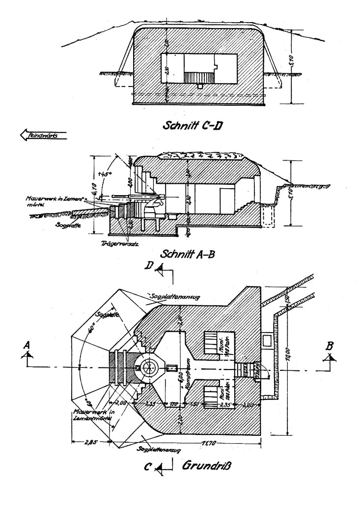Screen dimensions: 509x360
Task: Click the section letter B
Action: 331,347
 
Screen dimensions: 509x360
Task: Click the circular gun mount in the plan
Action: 146,367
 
